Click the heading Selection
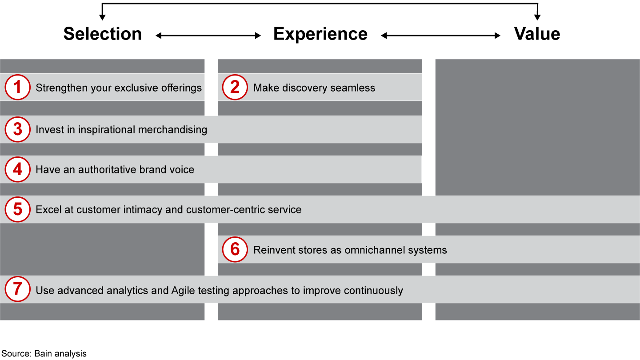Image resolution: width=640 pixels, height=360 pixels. [103, 34]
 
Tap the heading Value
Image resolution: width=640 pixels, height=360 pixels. [537, 34]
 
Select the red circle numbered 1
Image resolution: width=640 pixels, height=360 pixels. [17, 87]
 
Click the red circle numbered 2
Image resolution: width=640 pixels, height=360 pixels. [235, 87]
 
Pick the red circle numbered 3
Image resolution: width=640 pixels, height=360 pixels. [17, 129]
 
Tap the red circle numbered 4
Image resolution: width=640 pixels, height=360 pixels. [17, 169]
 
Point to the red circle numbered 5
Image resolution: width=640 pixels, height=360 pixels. [17, 209]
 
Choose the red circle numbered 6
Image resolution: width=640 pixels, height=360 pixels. [235, 249]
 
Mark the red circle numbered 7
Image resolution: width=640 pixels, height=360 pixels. [17, 289]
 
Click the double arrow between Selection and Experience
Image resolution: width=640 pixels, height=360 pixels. [208, 36]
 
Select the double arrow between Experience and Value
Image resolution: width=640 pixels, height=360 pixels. [440, 36]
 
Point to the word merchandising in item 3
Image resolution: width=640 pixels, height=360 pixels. [172, 130]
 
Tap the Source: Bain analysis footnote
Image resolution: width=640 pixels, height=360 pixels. [44, 354]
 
